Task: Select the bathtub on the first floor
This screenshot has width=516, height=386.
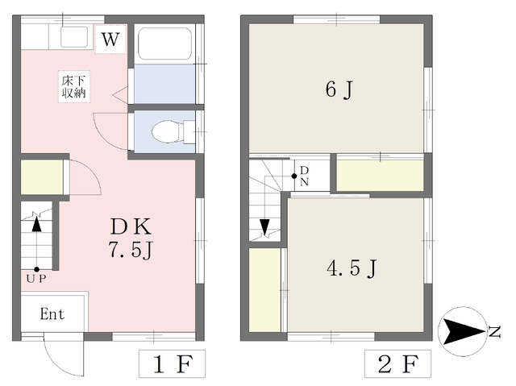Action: point(164,44)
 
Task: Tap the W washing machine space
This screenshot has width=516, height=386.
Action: point(110,39)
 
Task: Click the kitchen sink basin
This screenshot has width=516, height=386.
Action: point(74,37)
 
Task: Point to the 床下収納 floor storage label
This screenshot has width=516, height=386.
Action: point(74,87)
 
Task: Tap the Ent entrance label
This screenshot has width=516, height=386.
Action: point(52,314)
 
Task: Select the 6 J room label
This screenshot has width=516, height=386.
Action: point(339,89)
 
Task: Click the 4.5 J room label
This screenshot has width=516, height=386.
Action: point(352,268)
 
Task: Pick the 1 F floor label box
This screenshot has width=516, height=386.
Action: point(172,363)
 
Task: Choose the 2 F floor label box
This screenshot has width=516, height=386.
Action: point(397,363)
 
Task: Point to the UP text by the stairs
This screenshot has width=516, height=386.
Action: point(36,279)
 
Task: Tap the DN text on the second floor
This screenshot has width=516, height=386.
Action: point(305,176)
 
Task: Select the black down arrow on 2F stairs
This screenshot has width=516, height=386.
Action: point(264,226)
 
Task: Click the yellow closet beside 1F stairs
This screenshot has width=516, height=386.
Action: point(42,177)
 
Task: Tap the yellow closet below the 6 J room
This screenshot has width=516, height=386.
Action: point(380,175)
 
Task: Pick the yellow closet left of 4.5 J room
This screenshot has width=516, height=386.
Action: point(264,290)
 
